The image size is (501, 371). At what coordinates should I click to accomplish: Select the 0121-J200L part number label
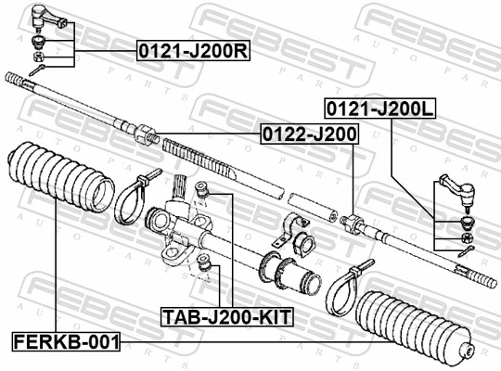(379, 109)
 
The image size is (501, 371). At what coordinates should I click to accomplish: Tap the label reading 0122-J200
(308, 135)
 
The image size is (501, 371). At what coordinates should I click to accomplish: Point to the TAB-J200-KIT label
(226, 317)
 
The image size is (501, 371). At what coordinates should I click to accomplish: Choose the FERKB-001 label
(66, 341)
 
